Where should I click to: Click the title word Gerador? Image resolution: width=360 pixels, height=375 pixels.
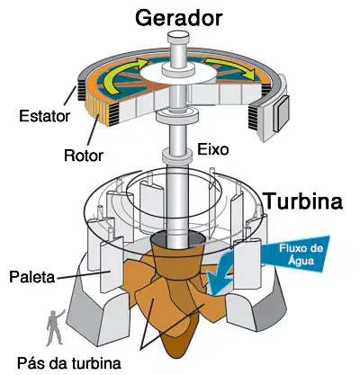(179, 18)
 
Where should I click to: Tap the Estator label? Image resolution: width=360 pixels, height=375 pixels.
(44, 116)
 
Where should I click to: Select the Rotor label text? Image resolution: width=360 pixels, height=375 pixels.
(84, 156)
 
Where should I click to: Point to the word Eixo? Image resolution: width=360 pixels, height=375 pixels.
(212, 149)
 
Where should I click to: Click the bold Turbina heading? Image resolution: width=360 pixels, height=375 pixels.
(303, 201)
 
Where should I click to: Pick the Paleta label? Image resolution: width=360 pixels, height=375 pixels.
(31, 277)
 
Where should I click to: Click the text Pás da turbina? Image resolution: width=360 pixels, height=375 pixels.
(69, 363)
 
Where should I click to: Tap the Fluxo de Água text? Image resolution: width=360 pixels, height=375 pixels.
(301, 254)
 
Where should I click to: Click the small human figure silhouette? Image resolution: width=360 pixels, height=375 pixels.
(55, 327)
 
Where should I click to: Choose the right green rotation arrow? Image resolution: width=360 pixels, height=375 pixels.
(234, 67)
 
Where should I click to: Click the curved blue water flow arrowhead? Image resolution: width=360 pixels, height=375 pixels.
(220, 274)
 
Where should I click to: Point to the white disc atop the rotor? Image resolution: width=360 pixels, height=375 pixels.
(178, 73)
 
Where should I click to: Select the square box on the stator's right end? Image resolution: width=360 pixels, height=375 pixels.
(281, 114)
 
